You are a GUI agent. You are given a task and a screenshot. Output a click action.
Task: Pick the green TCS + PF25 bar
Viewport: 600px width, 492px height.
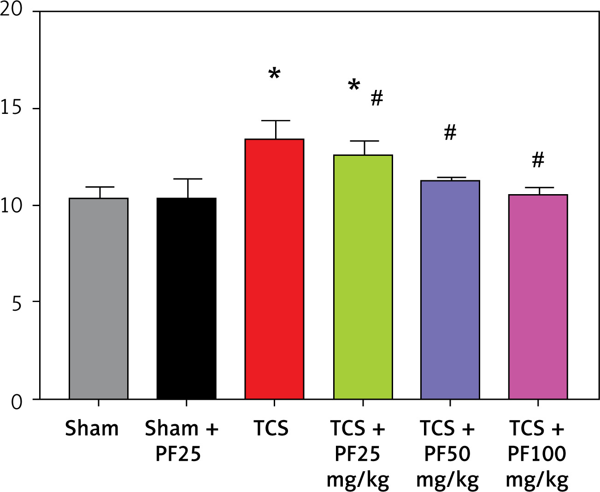(x=363, y=277)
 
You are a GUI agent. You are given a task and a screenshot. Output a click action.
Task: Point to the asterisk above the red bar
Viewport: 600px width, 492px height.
(x=275, y=73)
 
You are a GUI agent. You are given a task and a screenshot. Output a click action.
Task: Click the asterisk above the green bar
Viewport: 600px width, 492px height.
(x=354, y=85)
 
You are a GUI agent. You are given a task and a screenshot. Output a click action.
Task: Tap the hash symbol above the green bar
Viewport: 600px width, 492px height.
(x=377, y=98)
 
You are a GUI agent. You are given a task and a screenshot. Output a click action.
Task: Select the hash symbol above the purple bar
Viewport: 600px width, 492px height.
(x=450, y=133)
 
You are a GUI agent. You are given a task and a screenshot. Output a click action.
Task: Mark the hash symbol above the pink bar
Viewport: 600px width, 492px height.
(x=538, y=160)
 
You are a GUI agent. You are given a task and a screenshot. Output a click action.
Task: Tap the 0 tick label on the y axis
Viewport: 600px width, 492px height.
(x=17, y=403)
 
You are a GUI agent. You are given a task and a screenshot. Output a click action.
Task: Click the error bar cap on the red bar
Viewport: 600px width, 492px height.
(x=276, y=121)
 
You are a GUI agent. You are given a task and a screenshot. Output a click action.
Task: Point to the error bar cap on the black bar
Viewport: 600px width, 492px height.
(x=188, y=179)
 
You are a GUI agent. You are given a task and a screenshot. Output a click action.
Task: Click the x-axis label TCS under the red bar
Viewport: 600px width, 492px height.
(x=271, y=428)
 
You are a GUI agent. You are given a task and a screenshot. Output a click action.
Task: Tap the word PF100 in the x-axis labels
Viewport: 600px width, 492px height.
(x=537, y=454)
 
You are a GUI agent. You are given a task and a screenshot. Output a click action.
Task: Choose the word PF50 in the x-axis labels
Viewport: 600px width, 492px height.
(x=447, y=454)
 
